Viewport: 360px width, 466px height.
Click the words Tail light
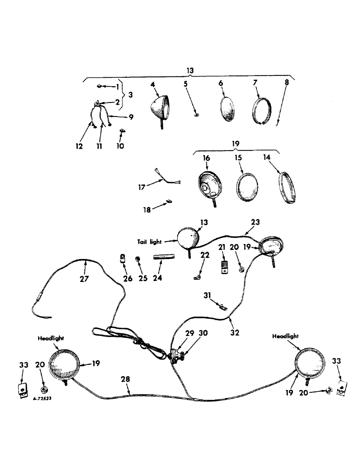149,241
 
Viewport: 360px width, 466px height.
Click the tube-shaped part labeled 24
164,257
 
